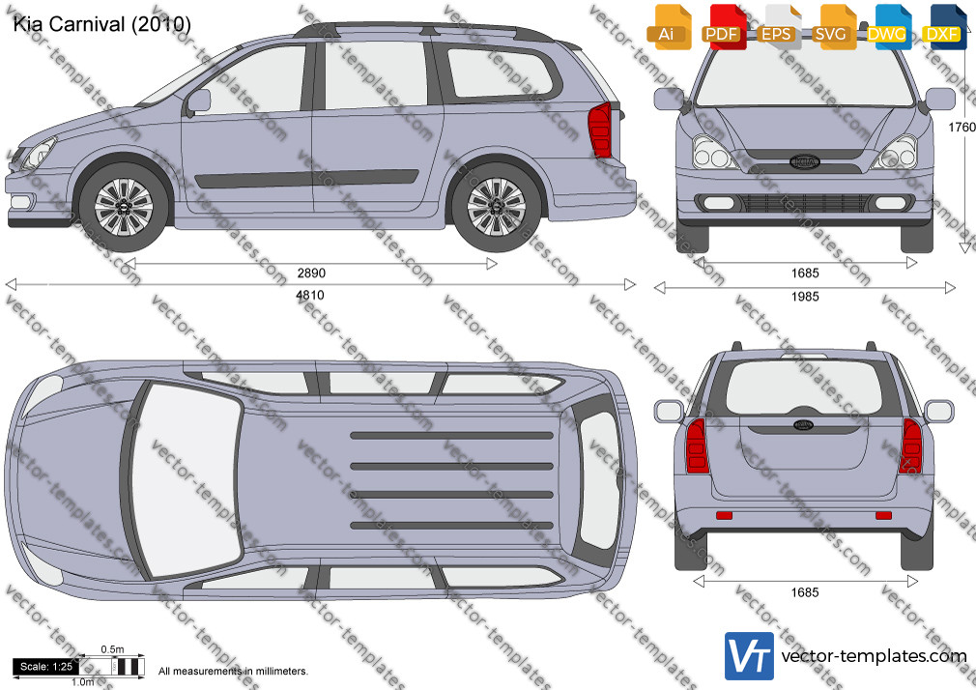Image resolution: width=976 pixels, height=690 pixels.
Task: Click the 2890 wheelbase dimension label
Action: (311, 273)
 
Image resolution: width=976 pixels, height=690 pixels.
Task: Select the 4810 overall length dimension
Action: (310, 295)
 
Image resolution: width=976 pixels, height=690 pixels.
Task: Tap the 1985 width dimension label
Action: (805, 297)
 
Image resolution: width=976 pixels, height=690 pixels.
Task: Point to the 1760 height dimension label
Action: (962, 127)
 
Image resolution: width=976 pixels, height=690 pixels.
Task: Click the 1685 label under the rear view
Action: (805, 592)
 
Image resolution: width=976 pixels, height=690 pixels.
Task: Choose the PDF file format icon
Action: (724, 27)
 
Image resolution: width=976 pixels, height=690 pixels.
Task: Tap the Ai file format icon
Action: (669, 27)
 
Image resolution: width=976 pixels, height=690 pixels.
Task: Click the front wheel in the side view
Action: (124, 207)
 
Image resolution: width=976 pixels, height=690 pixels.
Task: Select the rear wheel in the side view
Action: (496, 207)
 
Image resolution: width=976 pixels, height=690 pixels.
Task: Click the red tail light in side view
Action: (600, 129)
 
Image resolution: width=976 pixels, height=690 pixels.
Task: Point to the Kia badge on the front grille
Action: (804, 162)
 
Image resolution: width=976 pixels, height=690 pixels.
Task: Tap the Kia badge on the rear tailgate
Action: (803, 424)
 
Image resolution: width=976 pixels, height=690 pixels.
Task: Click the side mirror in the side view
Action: (198, 101)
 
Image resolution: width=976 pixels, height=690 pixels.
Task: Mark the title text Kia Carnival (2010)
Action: (101, 23)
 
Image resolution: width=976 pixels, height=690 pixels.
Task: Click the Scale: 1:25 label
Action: (46, 667)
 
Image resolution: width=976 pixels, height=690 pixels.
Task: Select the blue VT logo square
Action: (750, 656)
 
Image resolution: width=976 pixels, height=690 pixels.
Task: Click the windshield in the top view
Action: (187, 479)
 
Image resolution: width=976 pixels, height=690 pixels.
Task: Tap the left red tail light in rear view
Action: (697, 446)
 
